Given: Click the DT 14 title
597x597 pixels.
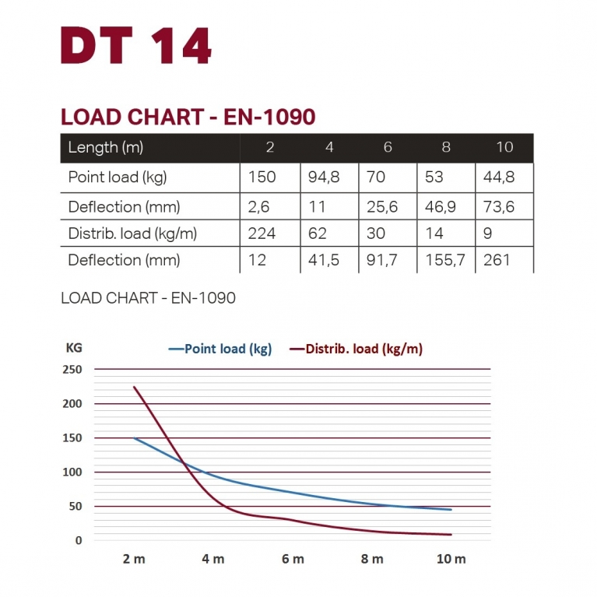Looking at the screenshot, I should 136,47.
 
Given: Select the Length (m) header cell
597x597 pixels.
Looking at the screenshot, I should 106,147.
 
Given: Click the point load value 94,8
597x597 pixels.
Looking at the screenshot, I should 324,177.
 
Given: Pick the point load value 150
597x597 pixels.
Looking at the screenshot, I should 262,177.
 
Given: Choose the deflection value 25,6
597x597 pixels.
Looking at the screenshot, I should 381,207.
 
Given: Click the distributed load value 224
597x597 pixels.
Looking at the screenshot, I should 262,234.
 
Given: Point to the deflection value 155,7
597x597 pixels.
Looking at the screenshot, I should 446,260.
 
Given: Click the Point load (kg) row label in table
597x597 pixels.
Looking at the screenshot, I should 118,177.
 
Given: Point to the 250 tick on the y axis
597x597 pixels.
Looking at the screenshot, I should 72,370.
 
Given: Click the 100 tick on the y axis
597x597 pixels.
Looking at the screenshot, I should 72,472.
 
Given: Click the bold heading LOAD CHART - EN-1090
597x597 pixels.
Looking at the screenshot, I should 188,117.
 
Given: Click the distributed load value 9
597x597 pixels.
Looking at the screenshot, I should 487,234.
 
